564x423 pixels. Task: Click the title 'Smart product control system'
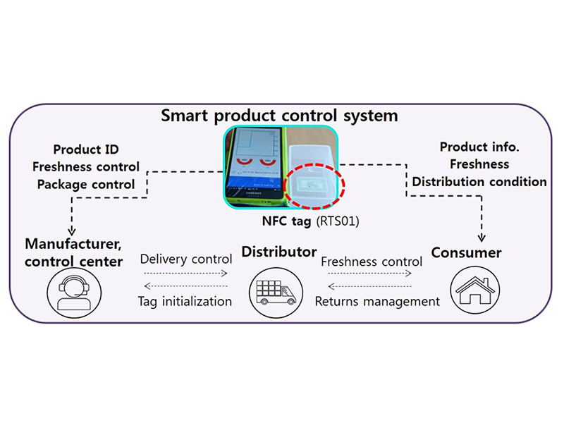coord(279,116)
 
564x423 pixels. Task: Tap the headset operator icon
coord(74,293)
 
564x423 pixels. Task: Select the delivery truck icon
coord(276,293)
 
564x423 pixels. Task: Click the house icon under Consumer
coord(475,290)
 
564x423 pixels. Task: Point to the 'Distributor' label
coord(279,252)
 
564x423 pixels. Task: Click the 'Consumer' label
coord(466,252)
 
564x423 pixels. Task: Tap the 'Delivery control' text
coord(186,259)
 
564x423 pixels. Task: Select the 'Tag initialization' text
coord(185,302)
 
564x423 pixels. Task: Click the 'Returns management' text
coord(377,302)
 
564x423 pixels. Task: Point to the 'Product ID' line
coord(86,149)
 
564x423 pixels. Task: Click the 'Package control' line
coord(86,185)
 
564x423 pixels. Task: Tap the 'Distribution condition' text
coord(479,182)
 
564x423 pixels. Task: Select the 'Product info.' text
coord(479,147)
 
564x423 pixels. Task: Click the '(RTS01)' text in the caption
coord(338,221)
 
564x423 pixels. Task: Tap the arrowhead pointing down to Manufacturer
coord(72,231)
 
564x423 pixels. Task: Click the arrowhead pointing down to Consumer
coord(482,238)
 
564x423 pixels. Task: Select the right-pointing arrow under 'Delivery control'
coord(185,274)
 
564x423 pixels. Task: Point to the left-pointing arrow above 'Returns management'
coord(369,286)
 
